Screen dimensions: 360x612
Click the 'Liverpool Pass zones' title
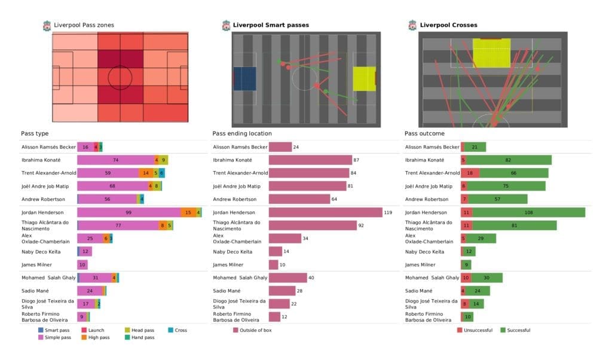(84, 25)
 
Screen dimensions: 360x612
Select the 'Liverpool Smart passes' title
(271, 25)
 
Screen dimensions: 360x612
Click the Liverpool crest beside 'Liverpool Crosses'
(412, 25)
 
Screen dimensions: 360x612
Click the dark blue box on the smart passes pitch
(244, 78)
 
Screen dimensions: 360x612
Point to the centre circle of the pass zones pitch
(120, 77)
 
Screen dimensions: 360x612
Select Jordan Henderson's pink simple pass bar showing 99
(128, 212)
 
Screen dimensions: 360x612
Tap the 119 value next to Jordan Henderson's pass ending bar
(390, 212)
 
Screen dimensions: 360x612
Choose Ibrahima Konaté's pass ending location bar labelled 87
(310, 160)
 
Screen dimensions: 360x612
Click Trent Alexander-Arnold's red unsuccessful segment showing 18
(470, 173)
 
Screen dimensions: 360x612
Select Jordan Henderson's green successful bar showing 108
(529, 212)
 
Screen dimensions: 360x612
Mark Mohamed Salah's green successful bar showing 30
(488, 277)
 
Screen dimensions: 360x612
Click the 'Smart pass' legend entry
(54, 330)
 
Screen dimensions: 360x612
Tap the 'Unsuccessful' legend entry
(475, 330)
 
